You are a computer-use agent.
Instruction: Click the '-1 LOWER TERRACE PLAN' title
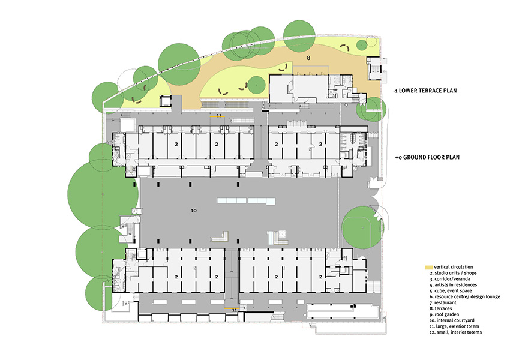425,91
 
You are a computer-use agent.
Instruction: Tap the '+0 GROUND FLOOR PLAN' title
427,157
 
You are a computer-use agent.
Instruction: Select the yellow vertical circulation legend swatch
428,267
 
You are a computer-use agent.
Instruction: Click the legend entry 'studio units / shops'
454,273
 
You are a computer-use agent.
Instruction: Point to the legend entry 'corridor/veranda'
450,278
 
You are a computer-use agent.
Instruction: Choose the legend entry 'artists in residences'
454,284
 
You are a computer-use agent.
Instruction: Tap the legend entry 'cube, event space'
451,290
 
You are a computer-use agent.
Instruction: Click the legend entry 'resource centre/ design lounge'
465,296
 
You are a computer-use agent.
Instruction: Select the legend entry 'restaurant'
443,302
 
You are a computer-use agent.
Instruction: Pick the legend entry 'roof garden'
445,314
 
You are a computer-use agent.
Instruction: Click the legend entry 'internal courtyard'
452,320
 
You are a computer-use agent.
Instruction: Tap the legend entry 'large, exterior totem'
454,326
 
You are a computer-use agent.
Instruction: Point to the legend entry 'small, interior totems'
455,332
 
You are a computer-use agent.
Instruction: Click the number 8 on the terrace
309,58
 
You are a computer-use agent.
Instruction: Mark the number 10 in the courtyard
194,211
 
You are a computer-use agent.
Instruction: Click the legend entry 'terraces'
440,308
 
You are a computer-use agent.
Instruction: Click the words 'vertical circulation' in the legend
454,267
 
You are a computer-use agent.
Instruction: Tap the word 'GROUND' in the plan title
416,157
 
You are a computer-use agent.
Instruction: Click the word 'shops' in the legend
470,273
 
